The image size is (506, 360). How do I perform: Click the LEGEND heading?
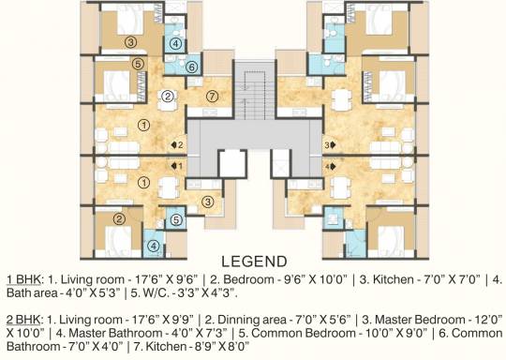pyautogui.click(x=254, y=262)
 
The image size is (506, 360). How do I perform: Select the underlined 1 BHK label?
pyautogui.click(x=23, y=279)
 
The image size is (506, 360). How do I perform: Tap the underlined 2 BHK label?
pyautogui.click(x=23, y=320)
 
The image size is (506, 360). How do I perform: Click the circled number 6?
pyautogui.click(x=192, y=67)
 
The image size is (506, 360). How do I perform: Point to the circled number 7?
pyautogui.click(x=212, y=97)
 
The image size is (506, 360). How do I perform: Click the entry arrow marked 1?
pyautogui.click(x=174, y=166)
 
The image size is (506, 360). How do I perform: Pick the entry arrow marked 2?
pyautogui.click(x=174, y=145)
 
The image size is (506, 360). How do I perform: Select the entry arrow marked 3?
pyautogui.click(x=333, y=145)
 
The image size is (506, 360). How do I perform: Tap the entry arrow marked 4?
pyautogui.click(x=333, y=167)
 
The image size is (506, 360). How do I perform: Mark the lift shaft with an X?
pyautogui.click(x=280, y=163)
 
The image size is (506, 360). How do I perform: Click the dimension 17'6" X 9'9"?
pyautogui.click(x=163, y=320)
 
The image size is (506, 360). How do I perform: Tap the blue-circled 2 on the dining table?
pyautogui.click(x=168, y=96)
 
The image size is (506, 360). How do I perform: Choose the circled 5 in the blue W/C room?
pyautogui.click(x=176, y=220)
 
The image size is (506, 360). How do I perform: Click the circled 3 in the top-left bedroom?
pyautogui.click(x=130, y=42)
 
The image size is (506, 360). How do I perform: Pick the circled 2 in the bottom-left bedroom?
pyautogui.click(x=119, y=219)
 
